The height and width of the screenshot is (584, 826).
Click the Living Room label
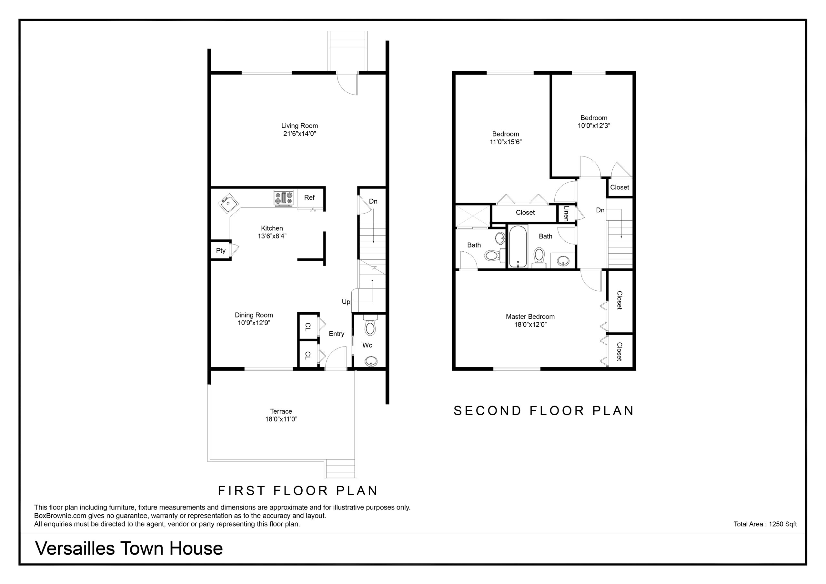[299, 126]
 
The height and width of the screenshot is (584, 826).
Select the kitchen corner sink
[228, 204]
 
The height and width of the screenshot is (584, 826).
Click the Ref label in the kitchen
[309, 197]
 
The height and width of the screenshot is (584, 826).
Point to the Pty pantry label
[220, 250]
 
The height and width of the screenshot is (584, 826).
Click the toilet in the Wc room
[369, 325]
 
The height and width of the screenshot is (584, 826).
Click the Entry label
[337, 334]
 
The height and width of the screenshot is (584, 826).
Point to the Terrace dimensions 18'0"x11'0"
[281, 419]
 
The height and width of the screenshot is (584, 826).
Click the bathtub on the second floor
[518, 247]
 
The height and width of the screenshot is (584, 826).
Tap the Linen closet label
[566, 213]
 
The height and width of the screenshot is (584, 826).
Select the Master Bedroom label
[530, 317]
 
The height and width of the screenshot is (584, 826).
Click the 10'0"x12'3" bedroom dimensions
[594, 126]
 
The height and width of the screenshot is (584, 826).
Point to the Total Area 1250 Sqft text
[765, 524]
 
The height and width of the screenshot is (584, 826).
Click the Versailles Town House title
[129, 548]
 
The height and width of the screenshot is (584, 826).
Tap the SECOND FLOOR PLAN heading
[544, 410]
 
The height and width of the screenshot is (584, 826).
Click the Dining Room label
[254, 315]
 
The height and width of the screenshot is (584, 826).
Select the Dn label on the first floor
[373, 201]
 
